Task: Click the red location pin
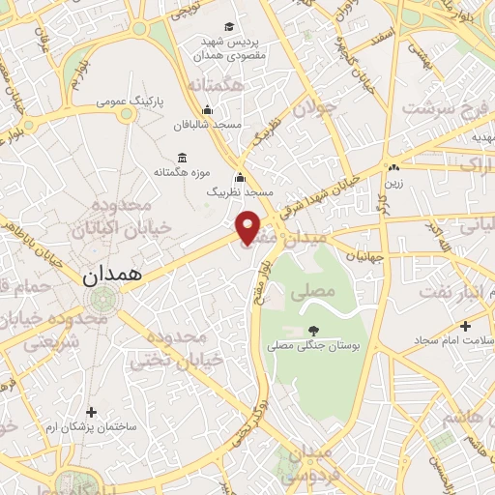[x=248, y=227]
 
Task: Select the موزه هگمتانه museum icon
[x=182, y=158]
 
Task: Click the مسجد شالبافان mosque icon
[x=207, y=110]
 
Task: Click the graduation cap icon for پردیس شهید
[x=228, y=26]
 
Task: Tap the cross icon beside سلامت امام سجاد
[x=466, y=326]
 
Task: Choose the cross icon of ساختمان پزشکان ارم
[x=92, y=411]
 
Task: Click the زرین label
[x=394, y=181]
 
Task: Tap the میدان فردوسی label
[x=309, y=463]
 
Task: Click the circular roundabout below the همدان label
[x=96, y=304]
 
